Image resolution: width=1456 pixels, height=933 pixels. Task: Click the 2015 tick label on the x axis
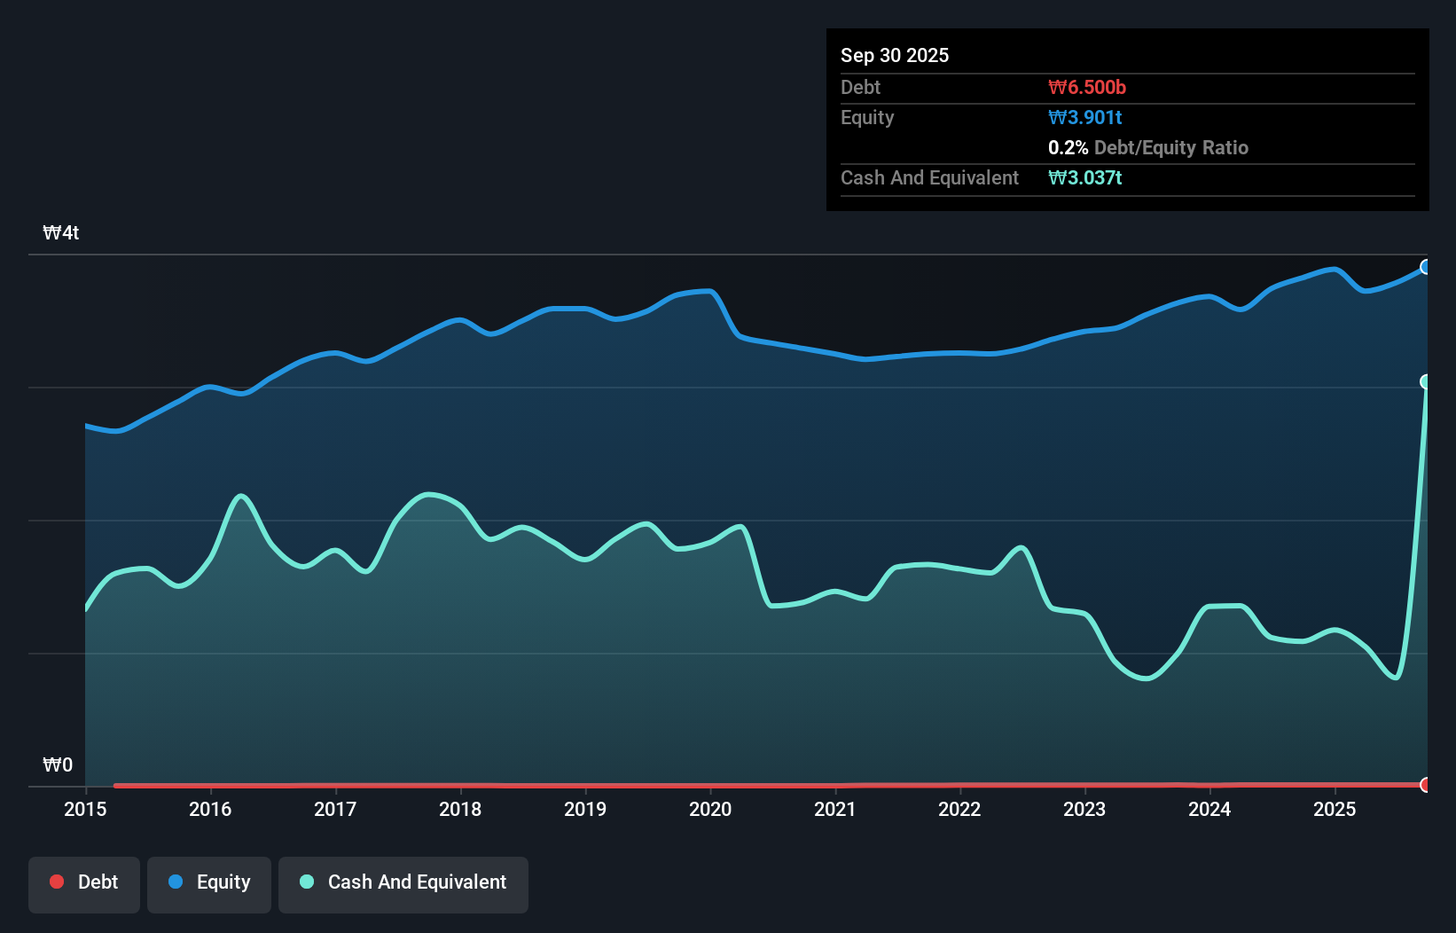coord(85,809)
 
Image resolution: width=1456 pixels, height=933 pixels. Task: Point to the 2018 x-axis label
coord(460,809)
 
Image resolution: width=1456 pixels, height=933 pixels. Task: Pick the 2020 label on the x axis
coord(710,809)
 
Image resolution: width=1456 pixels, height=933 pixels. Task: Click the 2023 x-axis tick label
coord(1084,809)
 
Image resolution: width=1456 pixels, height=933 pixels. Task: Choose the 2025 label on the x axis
coord(1335,809)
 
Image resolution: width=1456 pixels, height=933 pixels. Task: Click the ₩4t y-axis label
coord(61,233)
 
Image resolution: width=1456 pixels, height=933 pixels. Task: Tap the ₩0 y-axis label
coord(58,765)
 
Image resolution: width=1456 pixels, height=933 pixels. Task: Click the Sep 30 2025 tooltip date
coord(894,56)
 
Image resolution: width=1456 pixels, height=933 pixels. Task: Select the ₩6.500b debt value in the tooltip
coord(1086,88)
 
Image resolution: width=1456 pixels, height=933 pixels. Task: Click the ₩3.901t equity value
coord(1084,118)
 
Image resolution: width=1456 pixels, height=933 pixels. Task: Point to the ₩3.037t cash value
coord(1084,178)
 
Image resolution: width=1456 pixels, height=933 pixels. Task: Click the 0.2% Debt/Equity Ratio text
coord(1147,148)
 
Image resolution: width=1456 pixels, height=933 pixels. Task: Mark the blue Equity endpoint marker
coord(1426,267)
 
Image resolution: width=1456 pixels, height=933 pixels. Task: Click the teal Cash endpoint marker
coord(1426,381)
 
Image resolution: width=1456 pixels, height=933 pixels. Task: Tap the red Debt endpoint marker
coord(1426,785)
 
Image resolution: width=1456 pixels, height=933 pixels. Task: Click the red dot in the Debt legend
coord(57,882)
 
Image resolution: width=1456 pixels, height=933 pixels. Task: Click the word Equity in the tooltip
coord(867,118)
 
